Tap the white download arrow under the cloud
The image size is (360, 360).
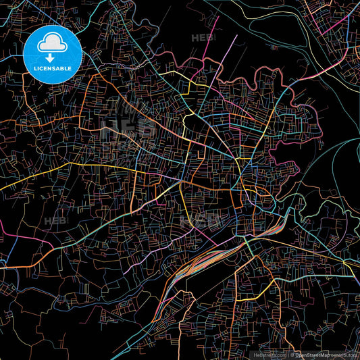pos(53,58)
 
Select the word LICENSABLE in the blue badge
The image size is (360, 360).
pos(53,68)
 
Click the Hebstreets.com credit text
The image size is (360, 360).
pos(269,355)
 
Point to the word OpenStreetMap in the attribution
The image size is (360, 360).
pos(313,355)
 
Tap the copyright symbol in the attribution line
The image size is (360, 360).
pos(291,355)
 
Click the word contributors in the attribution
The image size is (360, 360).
pos(344,355)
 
